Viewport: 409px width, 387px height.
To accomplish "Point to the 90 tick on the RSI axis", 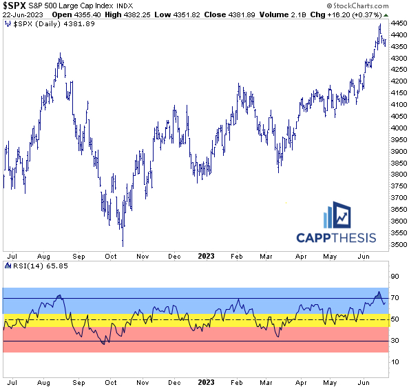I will tap(395, 277).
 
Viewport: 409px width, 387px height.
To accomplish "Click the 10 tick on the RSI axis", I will tap(395, 361).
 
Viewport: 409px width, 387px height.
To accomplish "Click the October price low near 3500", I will tap(123, 244).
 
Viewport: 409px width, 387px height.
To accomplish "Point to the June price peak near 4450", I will tap(380, 25).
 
